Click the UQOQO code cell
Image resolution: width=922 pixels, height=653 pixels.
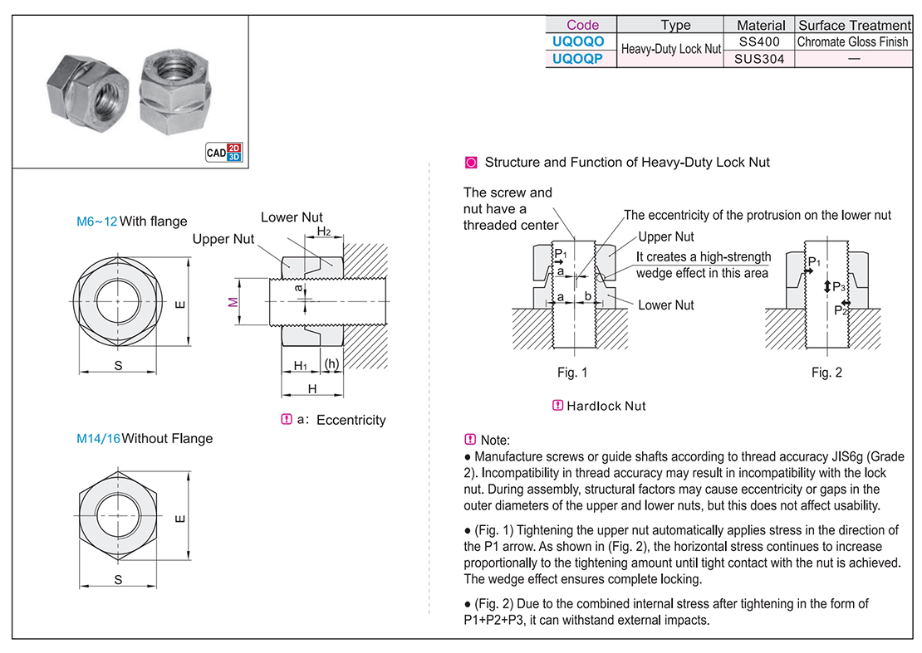[x=582, y=41]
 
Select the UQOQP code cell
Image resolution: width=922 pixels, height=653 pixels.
[x=582, y=59]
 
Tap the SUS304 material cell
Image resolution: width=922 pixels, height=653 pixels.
[x=759, y=59]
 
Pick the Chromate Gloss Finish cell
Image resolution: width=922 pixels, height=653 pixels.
[x=853, y=41]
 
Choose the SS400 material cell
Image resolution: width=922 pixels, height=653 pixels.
[x=759, y=41]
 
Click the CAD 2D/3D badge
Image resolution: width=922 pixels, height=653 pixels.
[x=224, y=152]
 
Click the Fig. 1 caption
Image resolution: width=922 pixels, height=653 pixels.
[x=572, y=373]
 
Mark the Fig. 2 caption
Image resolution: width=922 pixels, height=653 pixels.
[x=826, y=373]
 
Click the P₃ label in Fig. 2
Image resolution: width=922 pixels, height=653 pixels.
[x=839, y=286]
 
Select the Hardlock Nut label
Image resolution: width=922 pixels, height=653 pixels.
[x=606, y=406]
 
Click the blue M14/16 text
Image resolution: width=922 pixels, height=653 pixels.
[x=98, y=438]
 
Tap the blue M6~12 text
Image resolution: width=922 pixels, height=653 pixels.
[x=97, y=222]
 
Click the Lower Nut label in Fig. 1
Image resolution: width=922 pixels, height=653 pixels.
[x=665, y=305]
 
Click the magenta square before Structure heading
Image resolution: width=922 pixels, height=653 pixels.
[x=471, y=163]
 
